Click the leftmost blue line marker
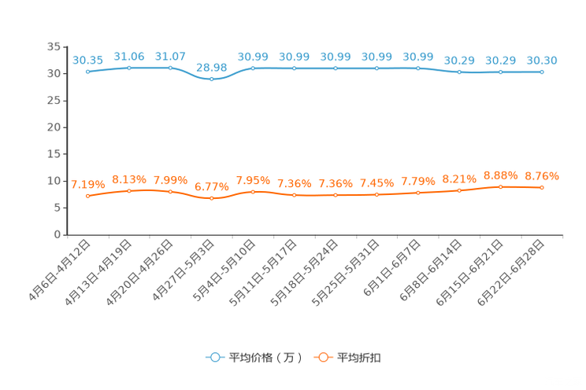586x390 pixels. click(87, 72)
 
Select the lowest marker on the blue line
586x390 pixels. click(211, 79)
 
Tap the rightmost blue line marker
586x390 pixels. click(542, 72)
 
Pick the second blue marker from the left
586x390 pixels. click(129, 68)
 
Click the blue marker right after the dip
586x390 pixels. click(253, 68)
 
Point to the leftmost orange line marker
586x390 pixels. click(87, 196)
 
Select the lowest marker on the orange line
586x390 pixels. click(211, 199)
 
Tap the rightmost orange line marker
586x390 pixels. click(542, 187)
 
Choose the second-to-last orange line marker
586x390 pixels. click(500, 186)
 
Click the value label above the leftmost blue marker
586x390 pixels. click(87, 61)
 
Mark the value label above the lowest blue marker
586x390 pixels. click(211, 68)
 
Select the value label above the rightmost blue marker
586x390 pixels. click(542, 61)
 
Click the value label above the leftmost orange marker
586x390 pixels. click(87, 185)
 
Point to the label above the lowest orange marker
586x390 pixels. click(211, 187)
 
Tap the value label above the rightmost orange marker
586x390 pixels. click(542, 175)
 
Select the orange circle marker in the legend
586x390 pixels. click(323, 357)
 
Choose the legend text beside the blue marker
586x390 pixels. click(265, 358)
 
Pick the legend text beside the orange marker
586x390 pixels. click(360, 358)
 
